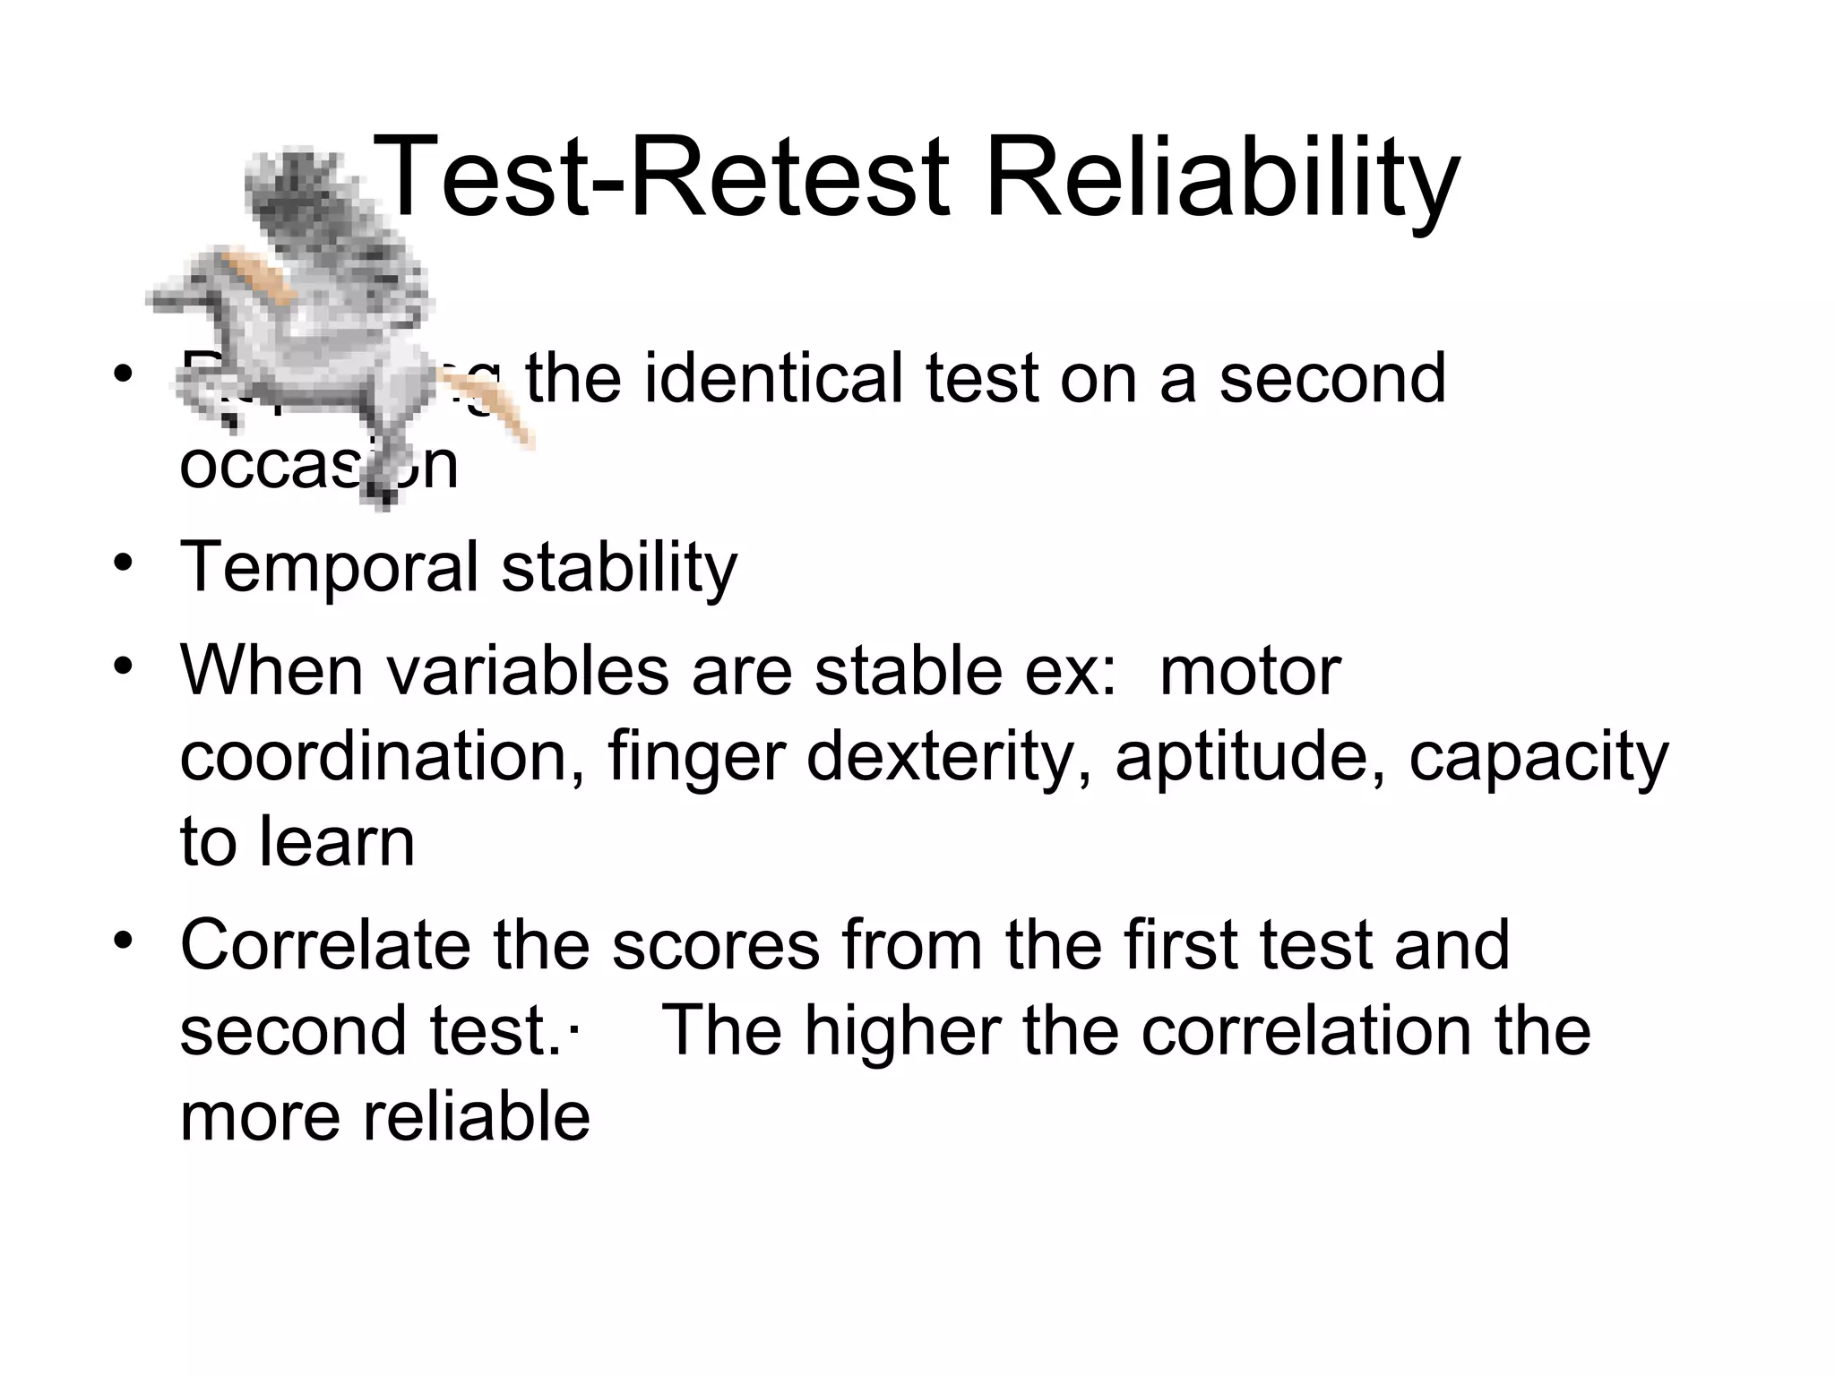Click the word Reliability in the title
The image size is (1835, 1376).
[1222, 176]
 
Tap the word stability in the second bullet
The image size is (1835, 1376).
[618, 567]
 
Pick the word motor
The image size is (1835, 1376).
[1249, 670]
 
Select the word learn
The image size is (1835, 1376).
[338, 842]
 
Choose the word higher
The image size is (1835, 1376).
[901, 1031]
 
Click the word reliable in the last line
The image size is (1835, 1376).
[475, 1116]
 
